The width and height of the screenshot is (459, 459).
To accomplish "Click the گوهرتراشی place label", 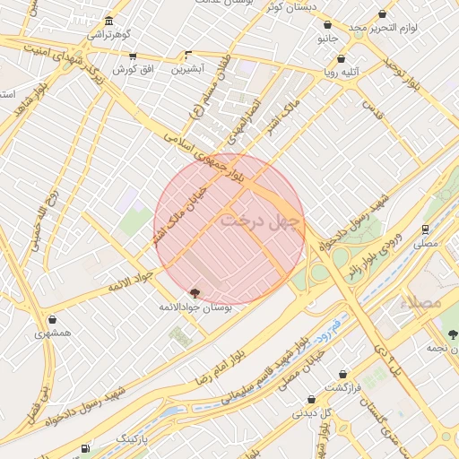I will (108, 35).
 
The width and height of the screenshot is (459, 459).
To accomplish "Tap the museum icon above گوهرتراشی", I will (108, 21).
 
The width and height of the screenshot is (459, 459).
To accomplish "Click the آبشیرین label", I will (188, 68).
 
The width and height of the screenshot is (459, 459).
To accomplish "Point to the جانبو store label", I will (327, 39).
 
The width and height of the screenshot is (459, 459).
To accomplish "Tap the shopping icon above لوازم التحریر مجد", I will (383, 14).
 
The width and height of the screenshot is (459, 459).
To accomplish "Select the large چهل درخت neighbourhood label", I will (263, 217).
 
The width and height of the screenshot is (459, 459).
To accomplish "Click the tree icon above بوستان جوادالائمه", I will (195, 292).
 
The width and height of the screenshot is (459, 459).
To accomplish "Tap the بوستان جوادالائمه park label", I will (195, 307).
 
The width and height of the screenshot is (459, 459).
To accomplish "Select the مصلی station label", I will (426, 243).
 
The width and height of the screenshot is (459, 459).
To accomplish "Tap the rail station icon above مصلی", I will (426, 229).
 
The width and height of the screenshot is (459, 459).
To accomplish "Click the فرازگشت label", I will (342, 387).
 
